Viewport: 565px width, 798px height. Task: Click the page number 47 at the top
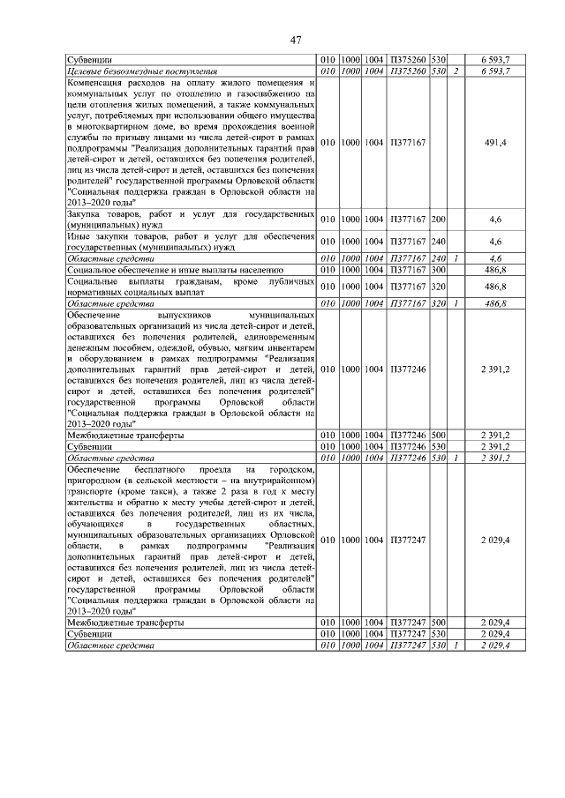pyautogui.click(x=296, y=40)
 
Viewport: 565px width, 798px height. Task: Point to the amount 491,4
pyautogui.click(x=494, y=142)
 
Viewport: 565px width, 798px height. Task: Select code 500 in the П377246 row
pyautogui.click(x=439, y=436)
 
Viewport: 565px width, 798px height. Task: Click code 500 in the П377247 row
pyautogui.click(x=439, y=623)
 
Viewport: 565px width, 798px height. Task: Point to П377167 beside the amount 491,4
pyautogui.click(x=408, y=142)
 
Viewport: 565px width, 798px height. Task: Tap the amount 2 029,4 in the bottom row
pyautogui.click(x=494, y=645)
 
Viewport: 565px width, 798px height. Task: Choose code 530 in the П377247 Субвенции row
pyautogui.click(x=439, y=634)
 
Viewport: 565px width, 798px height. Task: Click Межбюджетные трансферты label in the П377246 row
pyautogui.click(x=125, y=436)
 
